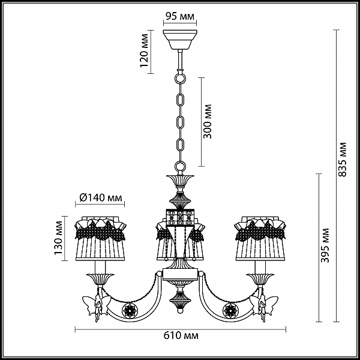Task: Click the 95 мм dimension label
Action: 180,17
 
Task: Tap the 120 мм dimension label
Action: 144,50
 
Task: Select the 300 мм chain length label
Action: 208,121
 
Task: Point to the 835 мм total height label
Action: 343,160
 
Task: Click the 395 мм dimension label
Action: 325,245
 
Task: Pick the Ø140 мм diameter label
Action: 101,197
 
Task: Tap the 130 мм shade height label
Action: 58,238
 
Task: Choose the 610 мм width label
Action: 181,335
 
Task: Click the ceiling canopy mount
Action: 180,40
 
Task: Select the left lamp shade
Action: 100,238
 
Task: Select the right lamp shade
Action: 260,238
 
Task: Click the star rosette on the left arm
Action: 130,310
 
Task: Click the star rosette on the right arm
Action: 230,310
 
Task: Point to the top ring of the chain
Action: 180,78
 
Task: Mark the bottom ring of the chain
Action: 180,166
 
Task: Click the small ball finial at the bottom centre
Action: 180,311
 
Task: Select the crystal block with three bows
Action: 180,217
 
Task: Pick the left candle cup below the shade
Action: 100,279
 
